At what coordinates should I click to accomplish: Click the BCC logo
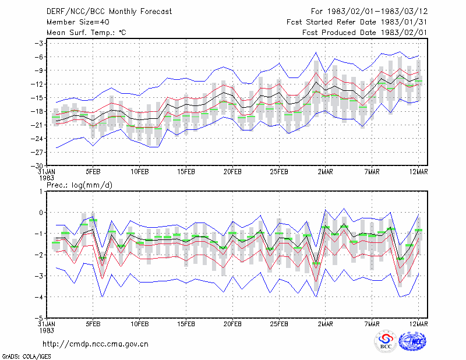point(386,341)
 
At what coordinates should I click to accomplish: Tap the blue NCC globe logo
point(412,341)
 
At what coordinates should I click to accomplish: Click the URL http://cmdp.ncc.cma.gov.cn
point(96,344)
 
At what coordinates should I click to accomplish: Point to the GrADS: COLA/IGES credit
point(26,357)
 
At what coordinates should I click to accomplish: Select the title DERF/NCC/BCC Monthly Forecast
point(109,12)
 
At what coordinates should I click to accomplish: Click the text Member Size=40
point(78,22)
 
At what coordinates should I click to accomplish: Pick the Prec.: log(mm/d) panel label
point(79,185)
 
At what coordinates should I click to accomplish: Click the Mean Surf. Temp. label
point(86,33)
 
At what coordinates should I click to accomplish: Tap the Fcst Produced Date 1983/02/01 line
point(365,33)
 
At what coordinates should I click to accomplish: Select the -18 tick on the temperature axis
point(38,111)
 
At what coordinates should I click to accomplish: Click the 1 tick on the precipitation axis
point(41,192)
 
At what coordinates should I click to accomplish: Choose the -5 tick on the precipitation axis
point(40,318)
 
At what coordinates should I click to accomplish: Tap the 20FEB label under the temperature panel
point(232,172)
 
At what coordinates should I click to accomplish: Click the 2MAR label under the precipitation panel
point(326,324)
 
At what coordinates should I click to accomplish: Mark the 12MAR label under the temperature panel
point(419,172)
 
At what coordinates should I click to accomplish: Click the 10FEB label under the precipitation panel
point(139,324)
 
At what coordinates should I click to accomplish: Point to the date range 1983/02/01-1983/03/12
point(377,12)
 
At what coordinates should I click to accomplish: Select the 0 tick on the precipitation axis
point(41,213)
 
